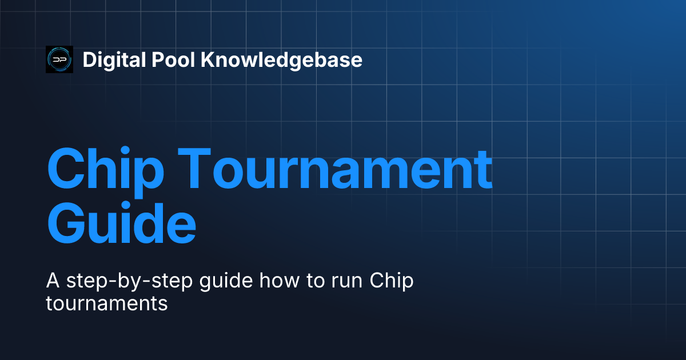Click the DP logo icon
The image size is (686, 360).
tap(59, 59)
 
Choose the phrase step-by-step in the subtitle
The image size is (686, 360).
tap(119, 282)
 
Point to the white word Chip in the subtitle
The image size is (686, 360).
tap(392, 282)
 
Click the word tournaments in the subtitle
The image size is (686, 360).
tap(106, 303)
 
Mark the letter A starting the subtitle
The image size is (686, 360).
tap(51, 282)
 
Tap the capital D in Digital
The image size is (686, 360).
tap(89, 59)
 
